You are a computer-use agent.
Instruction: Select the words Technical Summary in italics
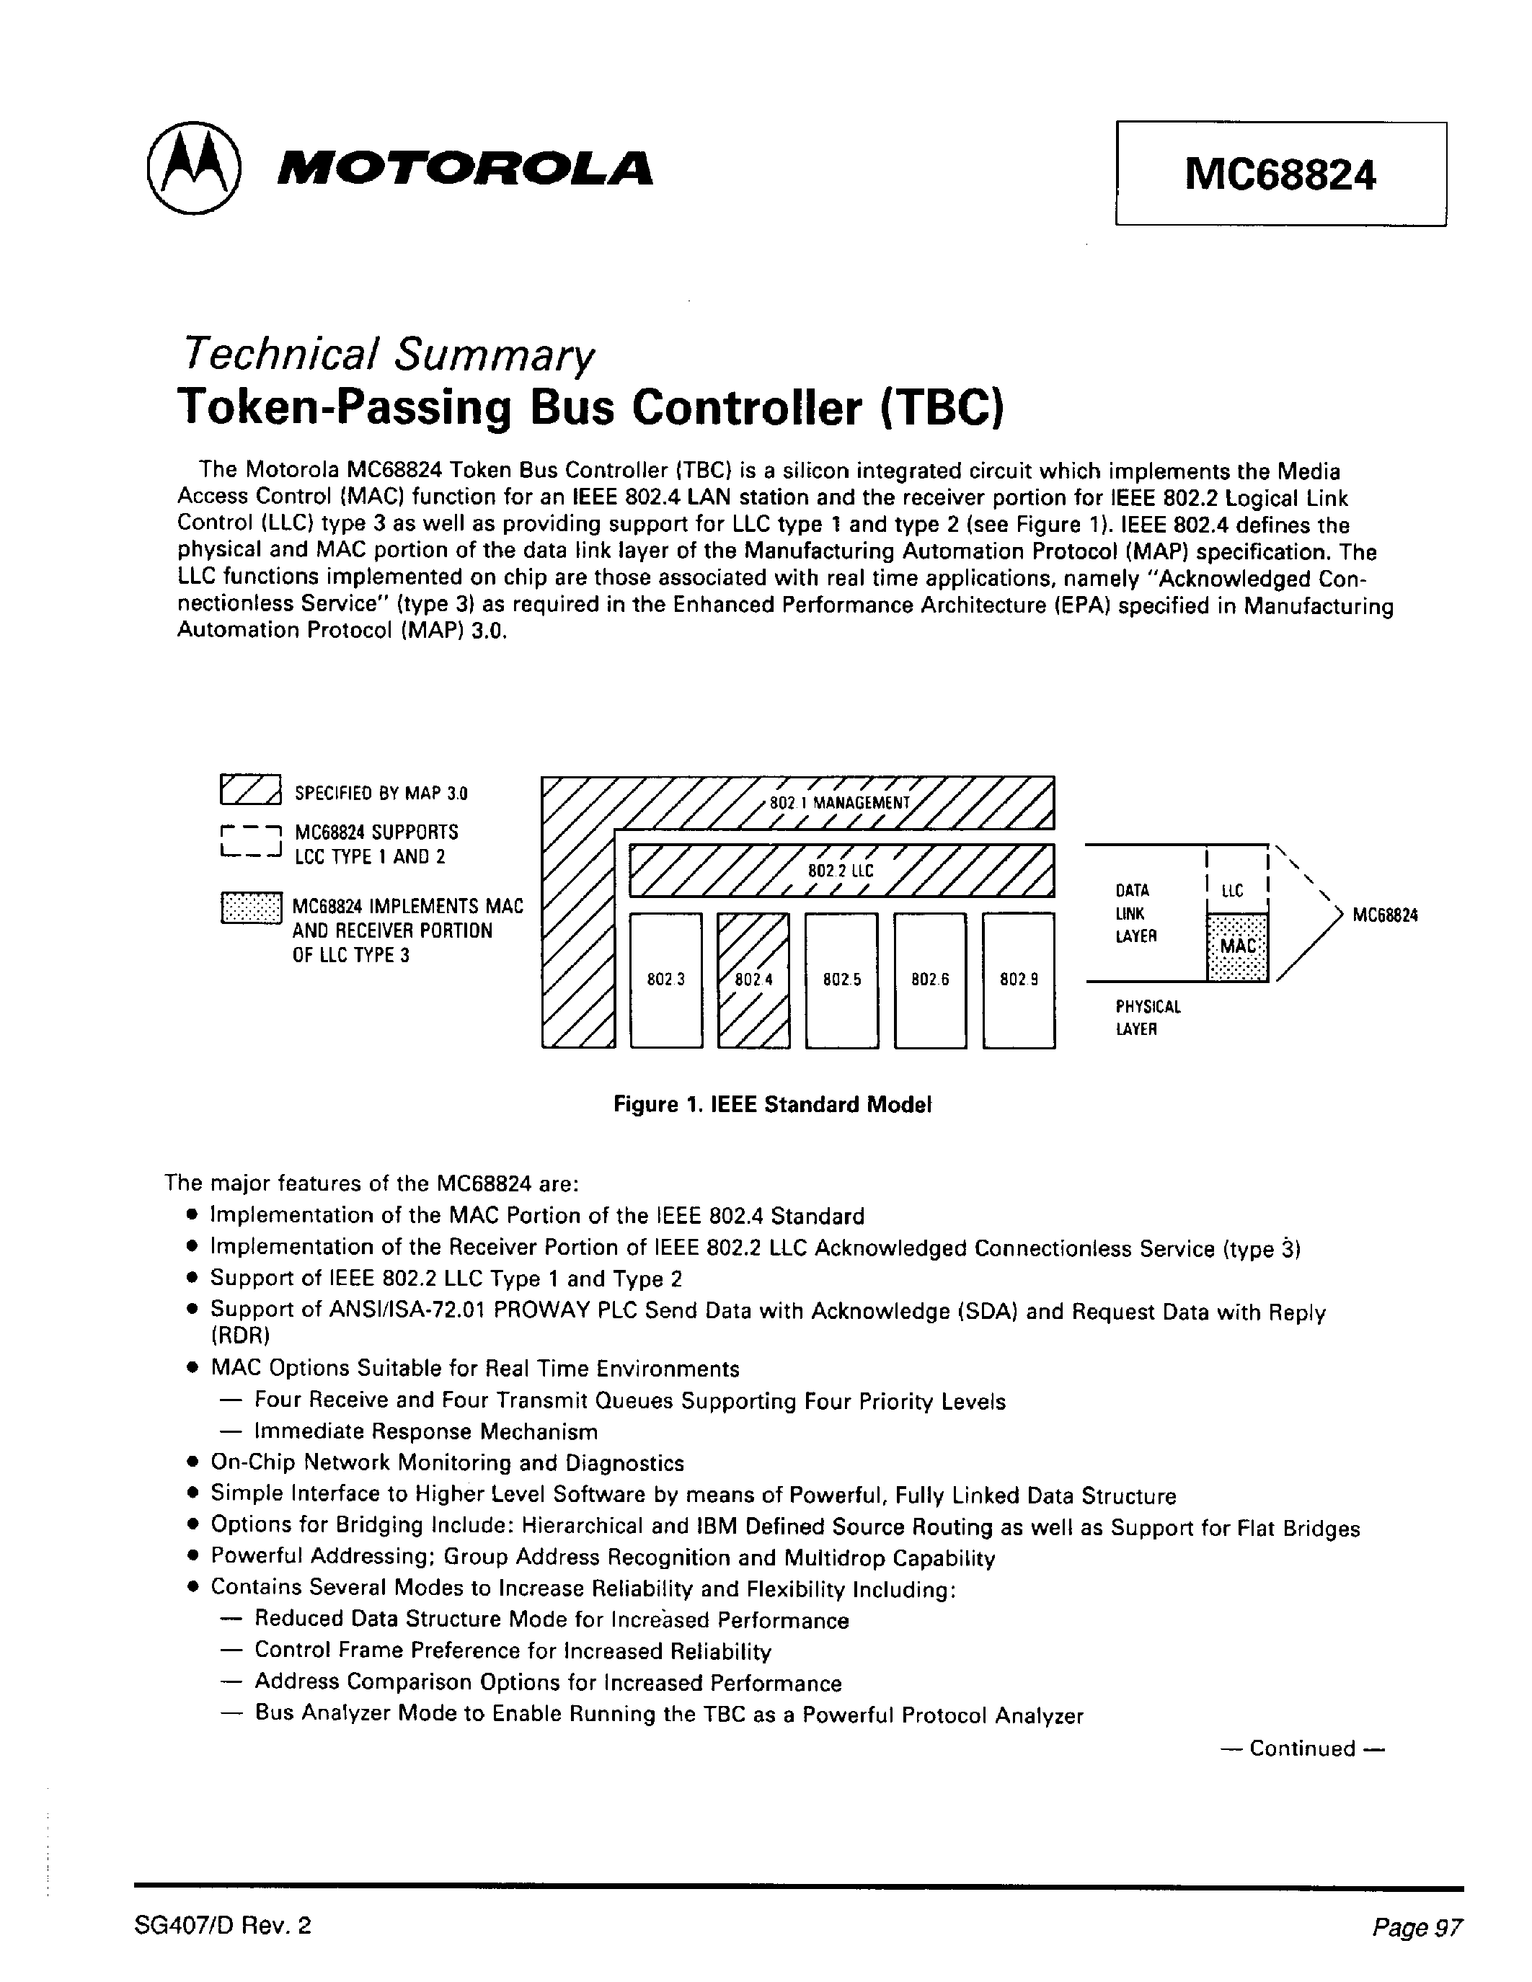coord(388,355)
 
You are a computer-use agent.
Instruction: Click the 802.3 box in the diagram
coord(665,980)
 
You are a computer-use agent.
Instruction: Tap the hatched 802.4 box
coord(753,980)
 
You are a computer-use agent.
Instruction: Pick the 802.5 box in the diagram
coord(841,980)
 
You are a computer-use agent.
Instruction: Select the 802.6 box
coord(929,980)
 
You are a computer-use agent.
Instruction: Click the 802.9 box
coord(1018,980)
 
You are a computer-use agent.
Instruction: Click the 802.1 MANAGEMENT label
coord(838,803)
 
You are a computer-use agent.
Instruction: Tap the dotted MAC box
coord(1237,946)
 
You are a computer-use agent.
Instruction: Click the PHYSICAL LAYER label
coord(1147,1018)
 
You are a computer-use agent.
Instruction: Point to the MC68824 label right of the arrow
coord(1385,915)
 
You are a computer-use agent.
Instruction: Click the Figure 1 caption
coord(772,1104)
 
